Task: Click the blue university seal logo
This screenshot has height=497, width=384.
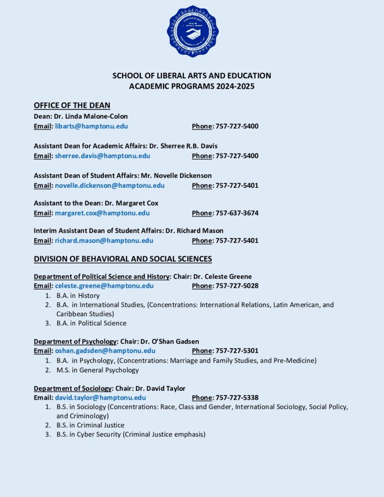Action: (192, 31)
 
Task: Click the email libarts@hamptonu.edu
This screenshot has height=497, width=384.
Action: (91, 126)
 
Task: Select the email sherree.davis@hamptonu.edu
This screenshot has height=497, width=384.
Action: (102, 156)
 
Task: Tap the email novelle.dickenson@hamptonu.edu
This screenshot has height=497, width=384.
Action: (110, 185)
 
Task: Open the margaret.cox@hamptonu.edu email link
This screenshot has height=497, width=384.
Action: (102, 213)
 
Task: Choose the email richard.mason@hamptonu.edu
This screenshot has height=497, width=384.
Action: (104, 241)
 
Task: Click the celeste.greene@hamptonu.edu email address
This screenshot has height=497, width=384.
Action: (104, 286)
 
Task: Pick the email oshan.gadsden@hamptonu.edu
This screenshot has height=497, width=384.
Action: (105, 350)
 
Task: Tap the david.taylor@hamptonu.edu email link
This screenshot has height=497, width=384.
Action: (100, 398)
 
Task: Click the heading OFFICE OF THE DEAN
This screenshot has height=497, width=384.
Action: (72, 105)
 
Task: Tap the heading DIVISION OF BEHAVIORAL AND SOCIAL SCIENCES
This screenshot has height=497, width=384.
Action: (123, 259)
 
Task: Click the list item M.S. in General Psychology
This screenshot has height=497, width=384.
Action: (98, 370)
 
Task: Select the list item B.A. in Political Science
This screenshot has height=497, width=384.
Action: (91, 323)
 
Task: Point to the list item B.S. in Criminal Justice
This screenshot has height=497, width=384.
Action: (90, 425)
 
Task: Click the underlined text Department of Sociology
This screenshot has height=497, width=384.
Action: (73, 388)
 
